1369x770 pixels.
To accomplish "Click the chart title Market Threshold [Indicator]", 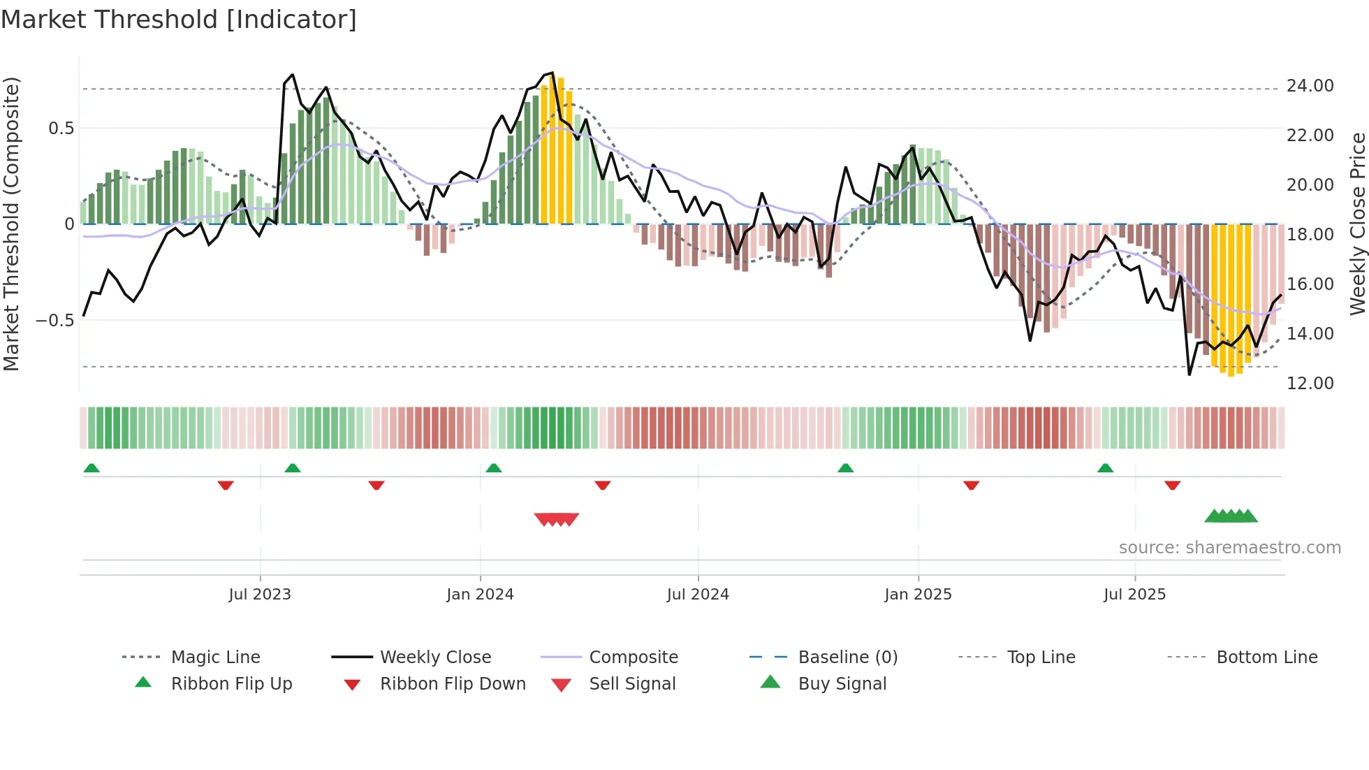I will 179,20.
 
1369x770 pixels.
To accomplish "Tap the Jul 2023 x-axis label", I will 259,595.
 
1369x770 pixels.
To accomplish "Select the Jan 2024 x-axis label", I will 480,595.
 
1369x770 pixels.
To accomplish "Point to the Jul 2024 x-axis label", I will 698,595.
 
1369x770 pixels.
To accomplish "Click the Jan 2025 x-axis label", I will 918,595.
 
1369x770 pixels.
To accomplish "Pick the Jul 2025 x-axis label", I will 1134,595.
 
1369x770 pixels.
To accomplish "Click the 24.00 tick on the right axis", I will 1310,86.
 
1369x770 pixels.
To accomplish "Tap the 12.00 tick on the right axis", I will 1310,384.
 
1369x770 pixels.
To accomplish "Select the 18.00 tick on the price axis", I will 1310,235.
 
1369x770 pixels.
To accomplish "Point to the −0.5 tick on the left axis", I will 54,321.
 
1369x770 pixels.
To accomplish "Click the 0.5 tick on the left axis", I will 61,129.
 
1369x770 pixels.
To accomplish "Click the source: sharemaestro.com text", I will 1229,548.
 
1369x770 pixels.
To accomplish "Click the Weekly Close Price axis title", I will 1357,224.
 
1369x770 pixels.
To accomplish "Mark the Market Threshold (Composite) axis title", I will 11,224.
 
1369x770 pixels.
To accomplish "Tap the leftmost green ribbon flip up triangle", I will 91,468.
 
